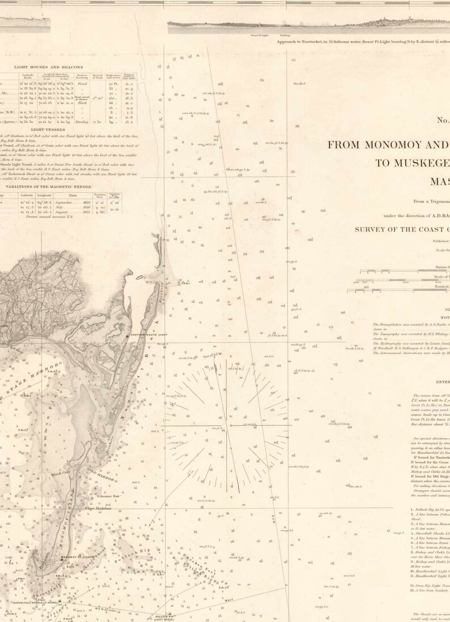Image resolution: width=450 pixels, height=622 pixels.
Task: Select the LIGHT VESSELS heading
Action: coord(39,130)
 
